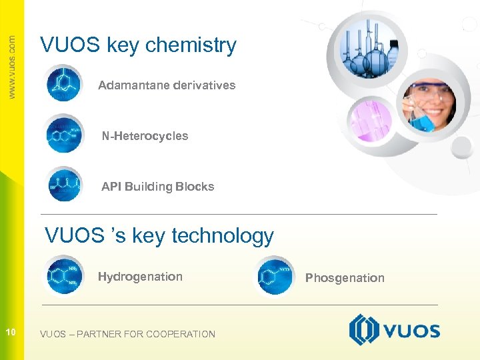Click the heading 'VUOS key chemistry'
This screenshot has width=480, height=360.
click(138, 45)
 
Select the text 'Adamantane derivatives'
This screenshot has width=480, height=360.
click(167, 85)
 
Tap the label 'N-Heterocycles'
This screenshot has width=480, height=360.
click(145, 136)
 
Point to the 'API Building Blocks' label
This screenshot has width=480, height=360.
click(157, 187)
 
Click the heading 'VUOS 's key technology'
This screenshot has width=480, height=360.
click(159, 235)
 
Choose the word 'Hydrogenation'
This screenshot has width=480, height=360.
click(140, 277)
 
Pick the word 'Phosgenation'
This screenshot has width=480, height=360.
click(345, 278)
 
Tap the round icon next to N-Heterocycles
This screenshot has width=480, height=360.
click(63, 134)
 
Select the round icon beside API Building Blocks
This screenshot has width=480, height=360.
click(63, 183)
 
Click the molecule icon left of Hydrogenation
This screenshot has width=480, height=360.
click(63, 275)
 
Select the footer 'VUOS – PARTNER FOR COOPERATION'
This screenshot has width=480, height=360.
click(127, 334)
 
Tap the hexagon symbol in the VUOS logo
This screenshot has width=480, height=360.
click(364, 330)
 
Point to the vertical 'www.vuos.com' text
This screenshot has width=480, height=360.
click(12, 67)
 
